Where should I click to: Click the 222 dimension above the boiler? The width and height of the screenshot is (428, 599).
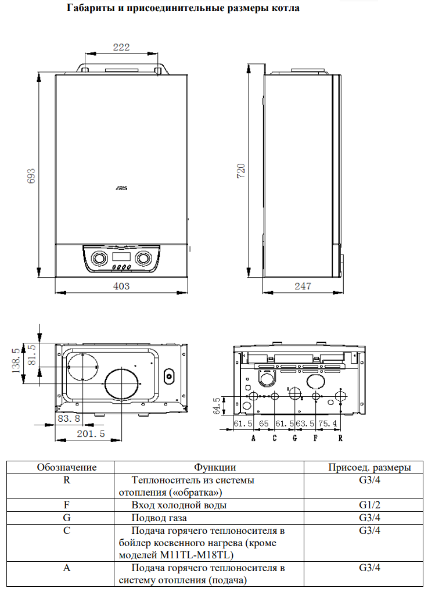click(x=121, y=48)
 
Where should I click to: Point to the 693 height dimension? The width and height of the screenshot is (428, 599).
click(x=33, y=177)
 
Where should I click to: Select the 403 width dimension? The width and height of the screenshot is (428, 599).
click(x=121, y=286)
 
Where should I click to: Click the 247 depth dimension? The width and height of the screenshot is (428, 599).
click(x=303, y=286)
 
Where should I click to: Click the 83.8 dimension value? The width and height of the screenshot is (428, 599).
click(x=69, y=418)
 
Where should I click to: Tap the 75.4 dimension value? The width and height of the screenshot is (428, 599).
click(x=328, y=423)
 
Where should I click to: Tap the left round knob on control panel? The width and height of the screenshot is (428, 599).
click(x=99, y=259)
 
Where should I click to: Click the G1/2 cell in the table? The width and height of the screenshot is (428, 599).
click(x=369, y=505)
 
